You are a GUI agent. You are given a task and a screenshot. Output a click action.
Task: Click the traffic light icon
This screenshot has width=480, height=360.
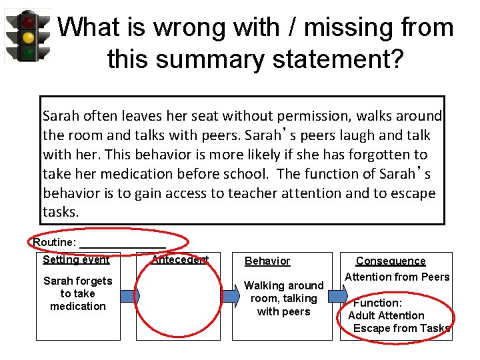pyautogui.click(x=27, y=37)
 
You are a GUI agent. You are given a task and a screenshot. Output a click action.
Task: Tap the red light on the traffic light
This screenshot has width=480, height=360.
pyautogui.click(x=28, y=22)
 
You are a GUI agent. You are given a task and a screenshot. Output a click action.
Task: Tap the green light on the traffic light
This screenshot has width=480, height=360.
pyautogui.click(x=28, y=52)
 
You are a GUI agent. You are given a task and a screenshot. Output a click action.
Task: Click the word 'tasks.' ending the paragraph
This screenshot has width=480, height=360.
pyautogui.click(x=61, y=212)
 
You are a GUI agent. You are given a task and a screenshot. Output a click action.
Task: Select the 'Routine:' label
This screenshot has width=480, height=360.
pyautogui.click(x=55, y=243)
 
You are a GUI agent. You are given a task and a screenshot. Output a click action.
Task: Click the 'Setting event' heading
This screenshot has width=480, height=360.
pyautogui.click(x=76, y=260)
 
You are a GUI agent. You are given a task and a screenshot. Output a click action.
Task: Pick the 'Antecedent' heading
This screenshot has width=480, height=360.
pyautogui.click(x=180, y=260)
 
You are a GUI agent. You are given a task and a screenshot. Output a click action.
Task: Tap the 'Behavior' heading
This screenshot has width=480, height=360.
pyautogui.click(x=267, y=261)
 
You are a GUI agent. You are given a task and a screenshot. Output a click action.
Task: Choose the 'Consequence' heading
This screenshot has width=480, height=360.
pyautogui.click(x=391, y=261)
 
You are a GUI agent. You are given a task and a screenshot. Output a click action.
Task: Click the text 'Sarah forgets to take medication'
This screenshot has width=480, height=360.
pyautogui.click(x=77, y=293)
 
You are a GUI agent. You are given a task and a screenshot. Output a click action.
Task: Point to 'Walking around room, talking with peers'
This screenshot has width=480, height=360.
pyautogui.click(x=283, y=298)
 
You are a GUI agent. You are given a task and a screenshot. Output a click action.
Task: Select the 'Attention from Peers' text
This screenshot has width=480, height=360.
pyautogui.click(x=397, y=277)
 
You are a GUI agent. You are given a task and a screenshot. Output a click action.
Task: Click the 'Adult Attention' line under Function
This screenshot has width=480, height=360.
pyautogui.click(x=386, y=315)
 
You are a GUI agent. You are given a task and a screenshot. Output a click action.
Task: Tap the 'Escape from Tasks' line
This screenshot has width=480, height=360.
pyautogui.click(x=402, y=328)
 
